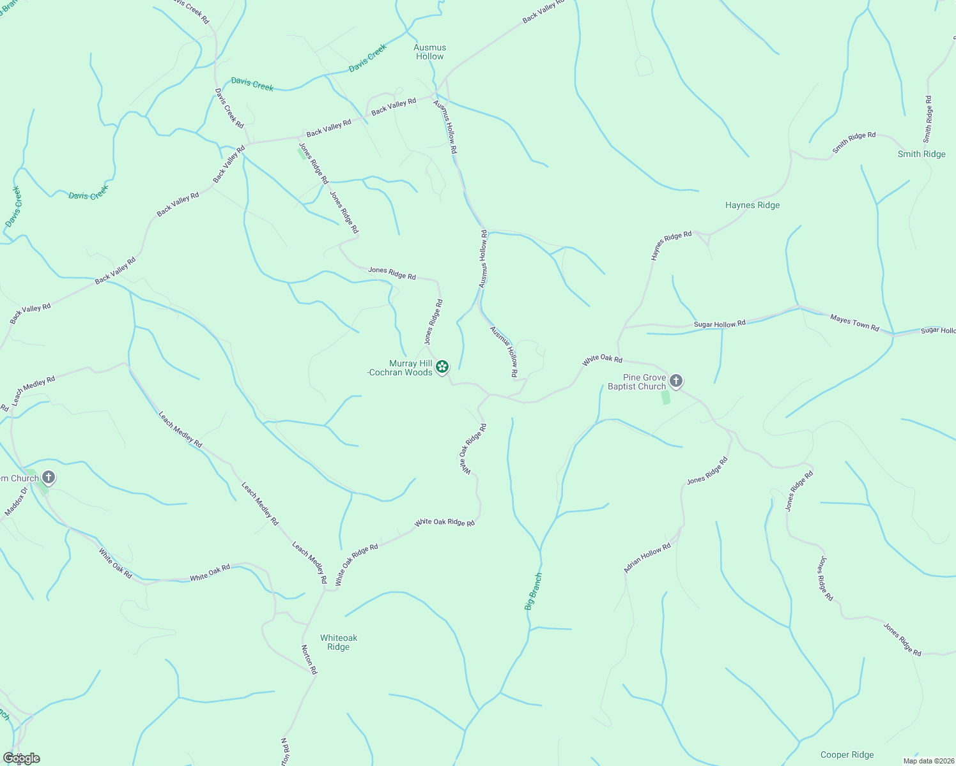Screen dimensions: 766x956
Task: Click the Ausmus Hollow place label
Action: (429, 52)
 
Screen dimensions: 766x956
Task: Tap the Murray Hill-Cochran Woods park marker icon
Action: (442, 366)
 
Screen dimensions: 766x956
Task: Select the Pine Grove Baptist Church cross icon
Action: (675, 381)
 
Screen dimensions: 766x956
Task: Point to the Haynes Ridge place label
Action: (752, 205)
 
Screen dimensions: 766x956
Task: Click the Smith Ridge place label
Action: (921, 154)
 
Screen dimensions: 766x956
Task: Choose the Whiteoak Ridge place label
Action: (339, 642)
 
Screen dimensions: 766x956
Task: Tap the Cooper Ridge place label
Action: (847, 755)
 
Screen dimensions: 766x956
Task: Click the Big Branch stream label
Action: (534, 591)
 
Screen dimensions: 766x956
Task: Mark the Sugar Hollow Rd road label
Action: (720, 324)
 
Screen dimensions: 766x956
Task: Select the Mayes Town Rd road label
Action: (854, 322)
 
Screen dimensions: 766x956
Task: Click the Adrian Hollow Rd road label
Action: (647, 558)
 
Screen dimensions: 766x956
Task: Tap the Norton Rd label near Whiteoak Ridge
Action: (309, 659)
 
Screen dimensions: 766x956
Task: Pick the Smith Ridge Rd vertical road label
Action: (928, 119)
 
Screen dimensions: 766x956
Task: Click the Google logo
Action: (22, 758)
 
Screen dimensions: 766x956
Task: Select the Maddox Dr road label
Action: (16, 502)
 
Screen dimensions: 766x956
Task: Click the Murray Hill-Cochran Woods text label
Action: (401, 368)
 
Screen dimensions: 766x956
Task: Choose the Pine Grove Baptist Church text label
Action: (636, 382)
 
